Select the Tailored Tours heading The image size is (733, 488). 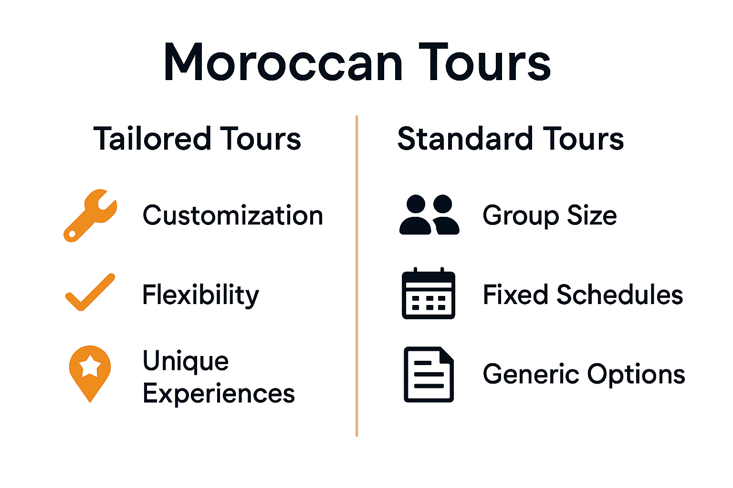click(x=197, y=139)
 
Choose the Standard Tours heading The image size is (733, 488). click(x=510, y=139)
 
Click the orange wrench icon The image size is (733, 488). click(x=90, y=215)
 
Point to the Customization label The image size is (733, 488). click(x=233, y=215)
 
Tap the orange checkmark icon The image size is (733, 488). click(x=90, y=293)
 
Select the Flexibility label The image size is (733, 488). click(x=200, y=295)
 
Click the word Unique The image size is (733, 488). click(x=186, y=361)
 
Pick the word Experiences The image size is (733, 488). click(x=219, y=394)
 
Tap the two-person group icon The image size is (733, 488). click(x=429, y=215)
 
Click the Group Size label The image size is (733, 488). click(x=549, y=215)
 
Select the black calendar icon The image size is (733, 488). click(x=428, y=294)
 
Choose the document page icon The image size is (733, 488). click(x=429, y=375)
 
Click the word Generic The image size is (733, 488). click(x=530, y=374)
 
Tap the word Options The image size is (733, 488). click(x=636, y=375)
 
